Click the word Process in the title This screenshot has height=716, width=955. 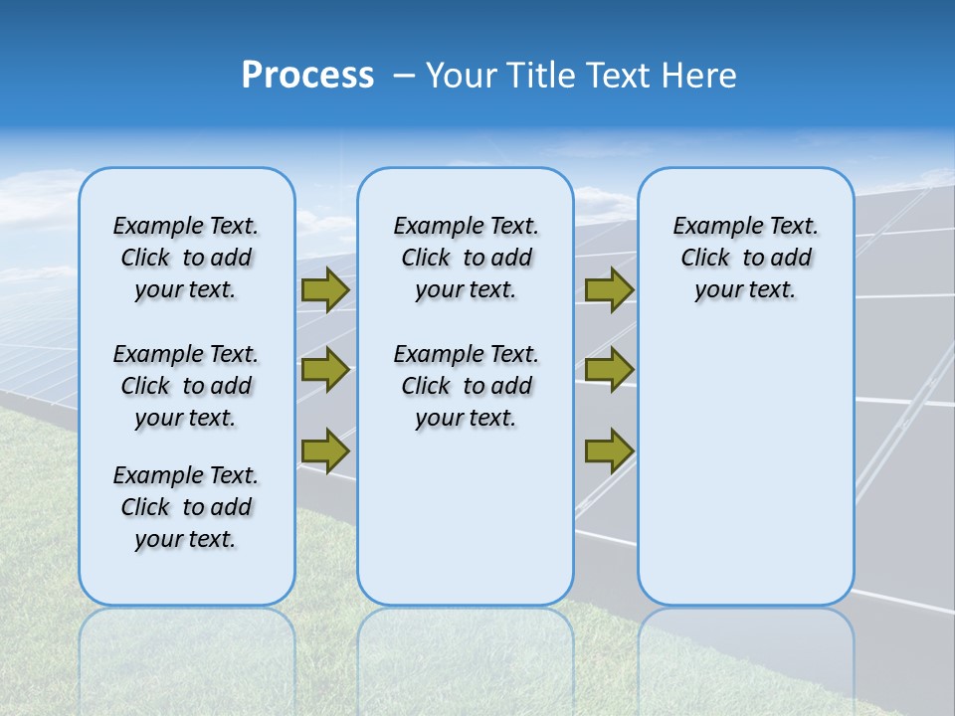(307, 75)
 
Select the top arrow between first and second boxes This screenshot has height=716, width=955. (325, 289)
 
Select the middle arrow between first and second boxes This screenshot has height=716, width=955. (325, 370)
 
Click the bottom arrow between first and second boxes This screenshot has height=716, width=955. (325, 450)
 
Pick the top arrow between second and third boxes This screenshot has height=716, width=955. (609, 289)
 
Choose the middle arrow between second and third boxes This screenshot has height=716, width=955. (609, 370)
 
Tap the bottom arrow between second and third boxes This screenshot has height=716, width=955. (609, 450)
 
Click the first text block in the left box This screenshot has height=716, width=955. (186, 258)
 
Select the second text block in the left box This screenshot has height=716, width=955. (186, 386)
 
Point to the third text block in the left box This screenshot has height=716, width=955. (186, 507)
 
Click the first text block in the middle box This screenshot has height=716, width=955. (466, 258)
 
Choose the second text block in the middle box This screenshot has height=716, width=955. (466, 386)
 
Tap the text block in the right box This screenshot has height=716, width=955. (745, 258)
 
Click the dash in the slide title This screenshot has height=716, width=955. (404, 75)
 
